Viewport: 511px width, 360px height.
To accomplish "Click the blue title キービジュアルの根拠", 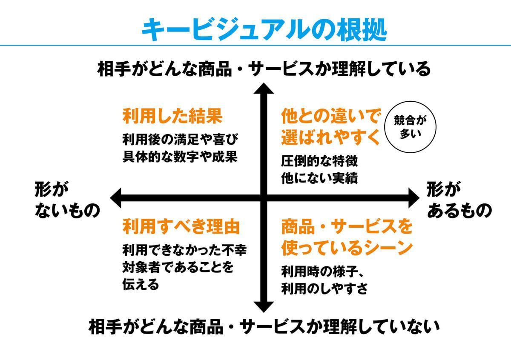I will click(264, 29).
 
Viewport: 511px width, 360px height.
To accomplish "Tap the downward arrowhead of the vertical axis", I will click(264, 306).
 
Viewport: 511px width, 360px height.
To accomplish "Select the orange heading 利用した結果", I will click(173, 116).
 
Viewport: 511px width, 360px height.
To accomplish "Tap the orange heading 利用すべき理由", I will click(181, 226).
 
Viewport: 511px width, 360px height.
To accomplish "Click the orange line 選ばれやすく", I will click(330, 137).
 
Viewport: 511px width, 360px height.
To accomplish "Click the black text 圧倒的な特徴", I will click(319, 162).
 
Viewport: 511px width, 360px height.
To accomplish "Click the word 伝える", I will click(141, 284).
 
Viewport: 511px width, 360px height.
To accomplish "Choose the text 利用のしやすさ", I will click(324, 289).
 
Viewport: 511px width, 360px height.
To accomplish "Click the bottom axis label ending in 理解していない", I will click(264, 327).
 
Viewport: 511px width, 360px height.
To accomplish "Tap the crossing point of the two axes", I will click(264, 197).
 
